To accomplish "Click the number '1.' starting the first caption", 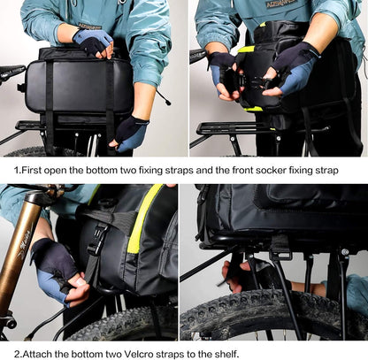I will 18,170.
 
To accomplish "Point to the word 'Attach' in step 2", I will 40,353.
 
